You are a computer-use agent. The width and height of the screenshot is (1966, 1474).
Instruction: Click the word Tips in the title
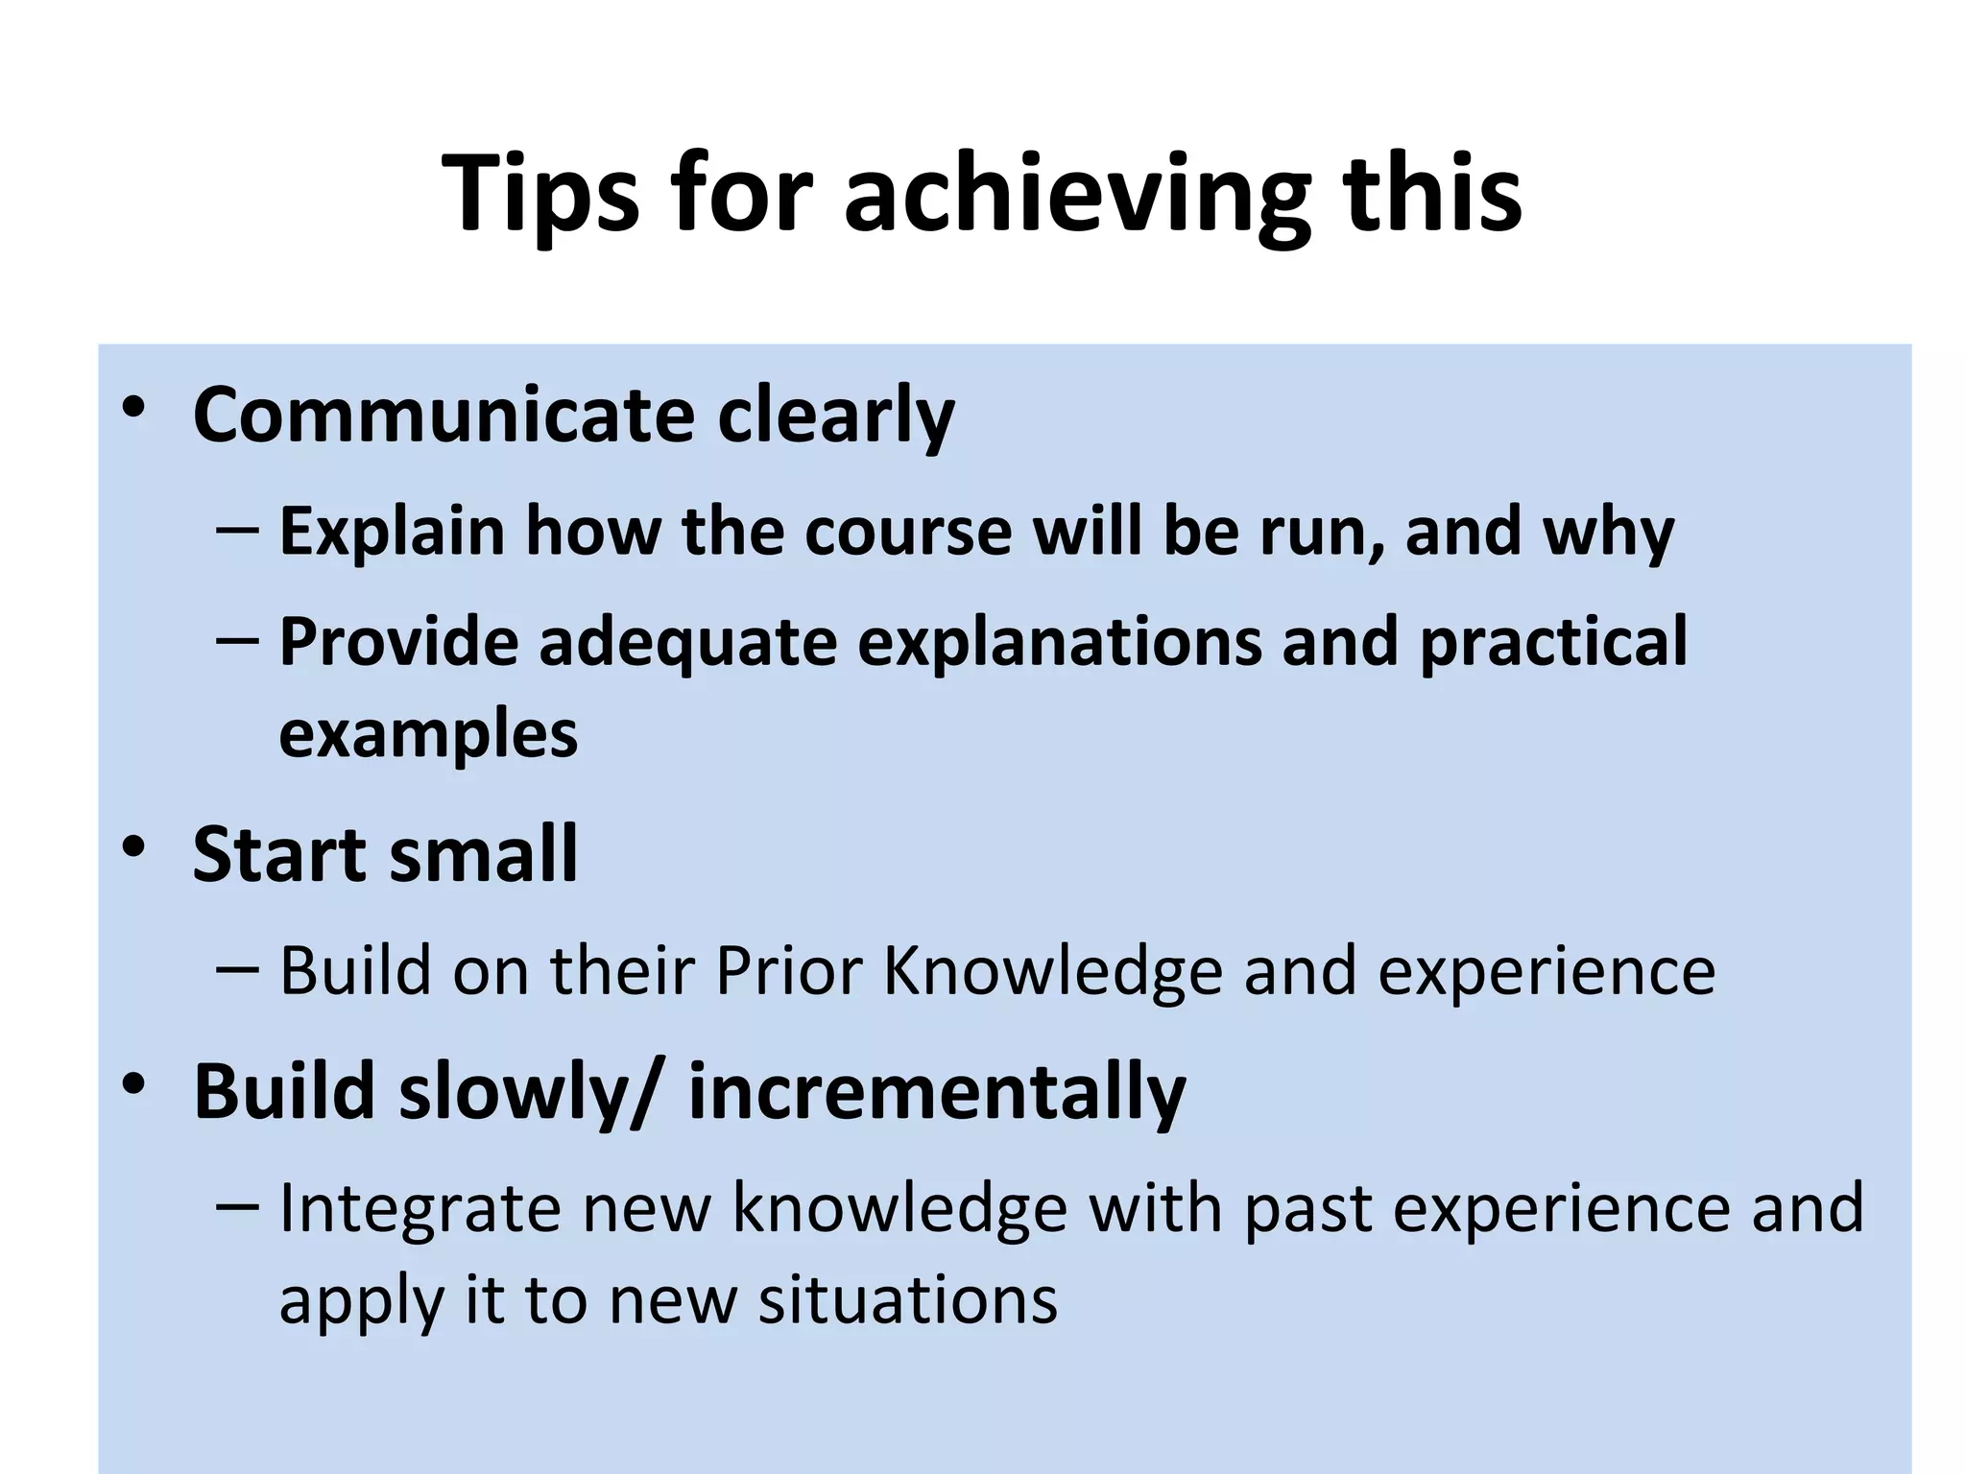[539, 195]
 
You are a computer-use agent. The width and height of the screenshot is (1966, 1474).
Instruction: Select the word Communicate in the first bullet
[444, 416]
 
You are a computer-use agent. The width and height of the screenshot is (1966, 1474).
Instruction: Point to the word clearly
[835, 416]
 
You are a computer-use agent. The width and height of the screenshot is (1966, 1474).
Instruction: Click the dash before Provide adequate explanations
[236, 639]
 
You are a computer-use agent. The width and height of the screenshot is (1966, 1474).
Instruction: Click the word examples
[428, 734]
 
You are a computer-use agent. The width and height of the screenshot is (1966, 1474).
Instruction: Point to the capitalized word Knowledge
[1052, 971]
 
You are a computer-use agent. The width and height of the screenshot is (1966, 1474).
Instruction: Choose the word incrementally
[937, 1092]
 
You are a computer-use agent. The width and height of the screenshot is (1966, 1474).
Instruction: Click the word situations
[908, 1301]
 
